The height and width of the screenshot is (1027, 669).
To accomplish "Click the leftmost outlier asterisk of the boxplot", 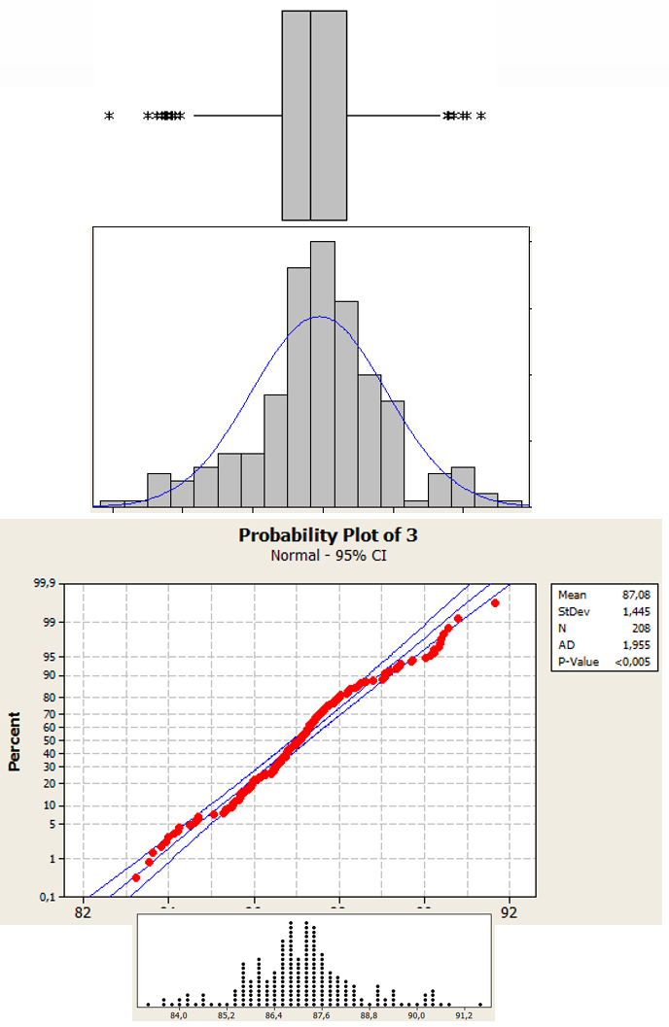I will (x=109, y=117).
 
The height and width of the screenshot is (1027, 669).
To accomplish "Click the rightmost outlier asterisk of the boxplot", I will (x=480, y=117).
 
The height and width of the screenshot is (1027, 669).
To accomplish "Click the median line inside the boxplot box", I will (x=311, y=116).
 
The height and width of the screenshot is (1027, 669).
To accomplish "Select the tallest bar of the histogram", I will (x=323, y=374).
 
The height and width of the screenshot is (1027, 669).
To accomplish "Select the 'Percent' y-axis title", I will (x=16, y=741).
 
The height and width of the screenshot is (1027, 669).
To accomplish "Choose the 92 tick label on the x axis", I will (x=509, y=913).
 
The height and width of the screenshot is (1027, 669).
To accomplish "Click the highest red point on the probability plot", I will (x=495, y=603).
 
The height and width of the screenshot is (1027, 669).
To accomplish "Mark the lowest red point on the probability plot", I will (x=136, y=877).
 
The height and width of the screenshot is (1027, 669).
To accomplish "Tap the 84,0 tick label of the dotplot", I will (x=179, y=1016).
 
